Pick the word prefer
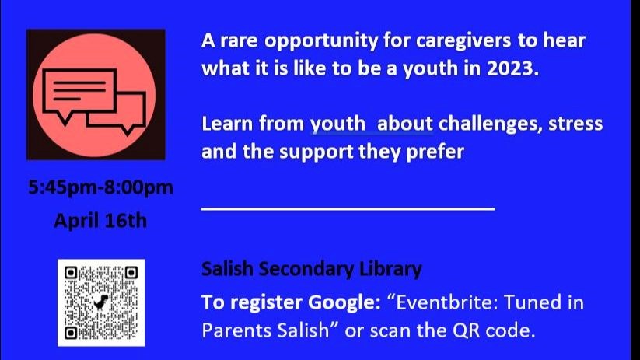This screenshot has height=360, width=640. (435, 152)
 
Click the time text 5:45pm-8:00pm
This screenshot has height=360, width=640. (100, 188)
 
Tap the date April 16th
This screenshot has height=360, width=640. (100, 221)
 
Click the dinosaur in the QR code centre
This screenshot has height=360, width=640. (101, 302)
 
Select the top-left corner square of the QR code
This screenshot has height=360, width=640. (71, 273)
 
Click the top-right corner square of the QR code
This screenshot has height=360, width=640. (131, 273)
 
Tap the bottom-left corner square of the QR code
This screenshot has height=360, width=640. (71, 333)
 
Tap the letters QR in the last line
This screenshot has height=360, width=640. (465, 330)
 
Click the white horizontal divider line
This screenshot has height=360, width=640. (348, 209)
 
